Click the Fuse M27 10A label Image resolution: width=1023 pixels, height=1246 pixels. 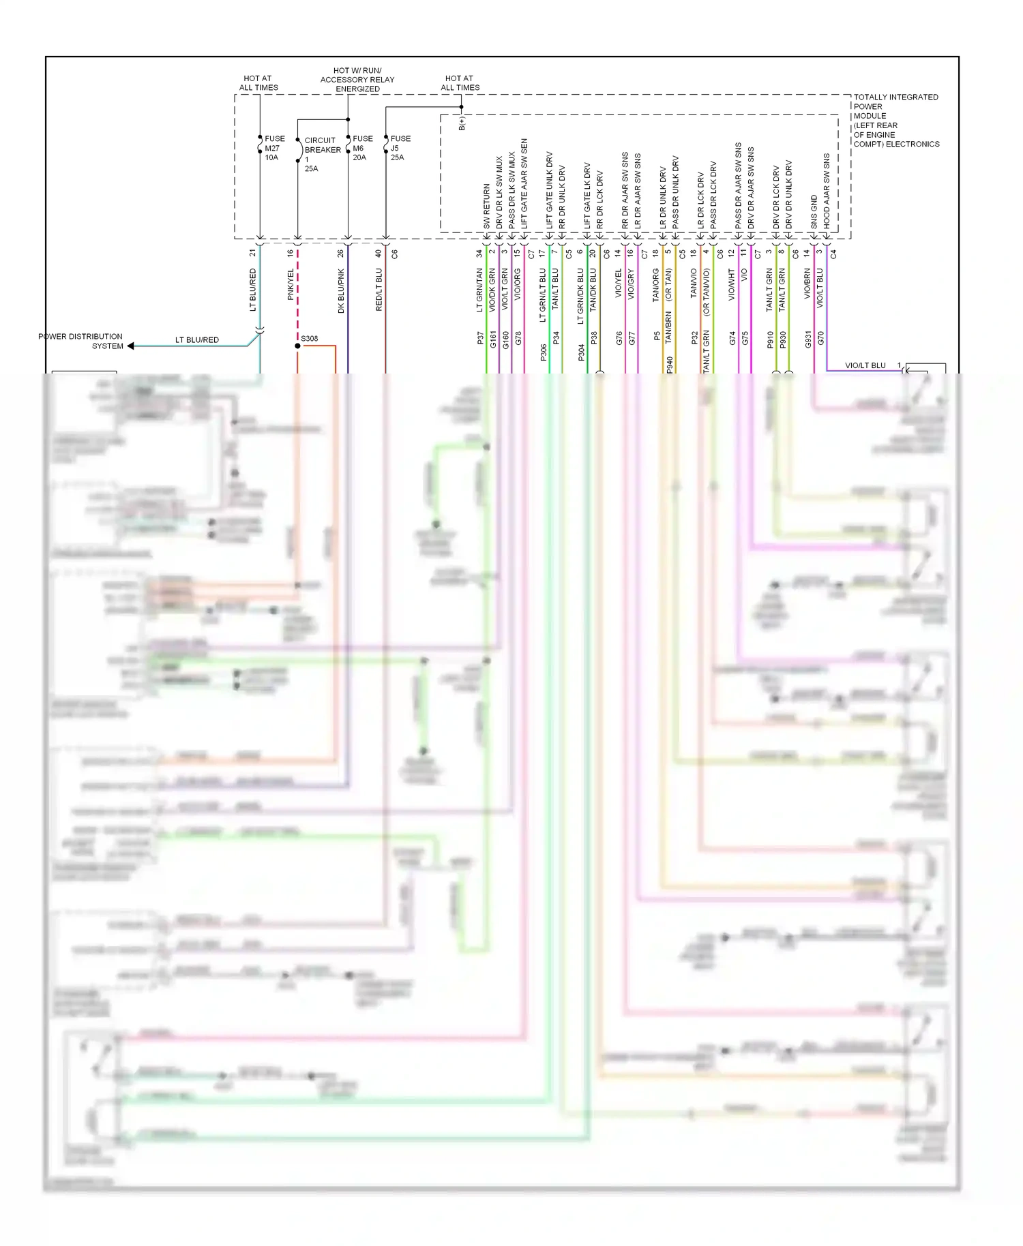274,148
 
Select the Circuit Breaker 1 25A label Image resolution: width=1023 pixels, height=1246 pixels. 321,154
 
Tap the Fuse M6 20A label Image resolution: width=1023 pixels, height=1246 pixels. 362,148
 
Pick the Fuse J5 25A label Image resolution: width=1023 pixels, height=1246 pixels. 400,148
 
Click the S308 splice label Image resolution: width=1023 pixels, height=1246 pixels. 309,338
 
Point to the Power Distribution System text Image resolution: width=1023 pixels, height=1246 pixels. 80,341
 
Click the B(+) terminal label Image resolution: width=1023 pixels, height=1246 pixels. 462,123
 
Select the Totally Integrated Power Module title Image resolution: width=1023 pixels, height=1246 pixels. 895,121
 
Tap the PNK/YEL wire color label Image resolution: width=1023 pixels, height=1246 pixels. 291,284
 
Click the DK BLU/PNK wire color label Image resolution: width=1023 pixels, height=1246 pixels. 341,291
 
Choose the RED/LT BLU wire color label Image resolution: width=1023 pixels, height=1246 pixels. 379,290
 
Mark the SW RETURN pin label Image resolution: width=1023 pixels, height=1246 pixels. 487,207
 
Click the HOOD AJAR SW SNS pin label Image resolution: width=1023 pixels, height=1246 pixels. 827,191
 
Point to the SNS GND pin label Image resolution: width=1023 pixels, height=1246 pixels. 814,212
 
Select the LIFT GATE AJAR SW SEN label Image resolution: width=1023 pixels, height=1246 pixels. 524,184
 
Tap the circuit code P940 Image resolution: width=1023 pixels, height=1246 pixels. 670,365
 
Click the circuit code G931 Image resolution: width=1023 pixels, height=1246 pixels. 808,339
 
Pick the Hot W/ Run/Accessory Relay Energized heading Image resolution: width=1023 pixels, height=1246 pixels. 357,80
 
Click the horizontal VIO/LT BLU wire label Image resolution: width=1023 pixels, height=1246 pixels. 865,365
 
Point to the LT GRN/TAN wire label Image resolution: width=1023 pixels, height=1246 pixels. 479,290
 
